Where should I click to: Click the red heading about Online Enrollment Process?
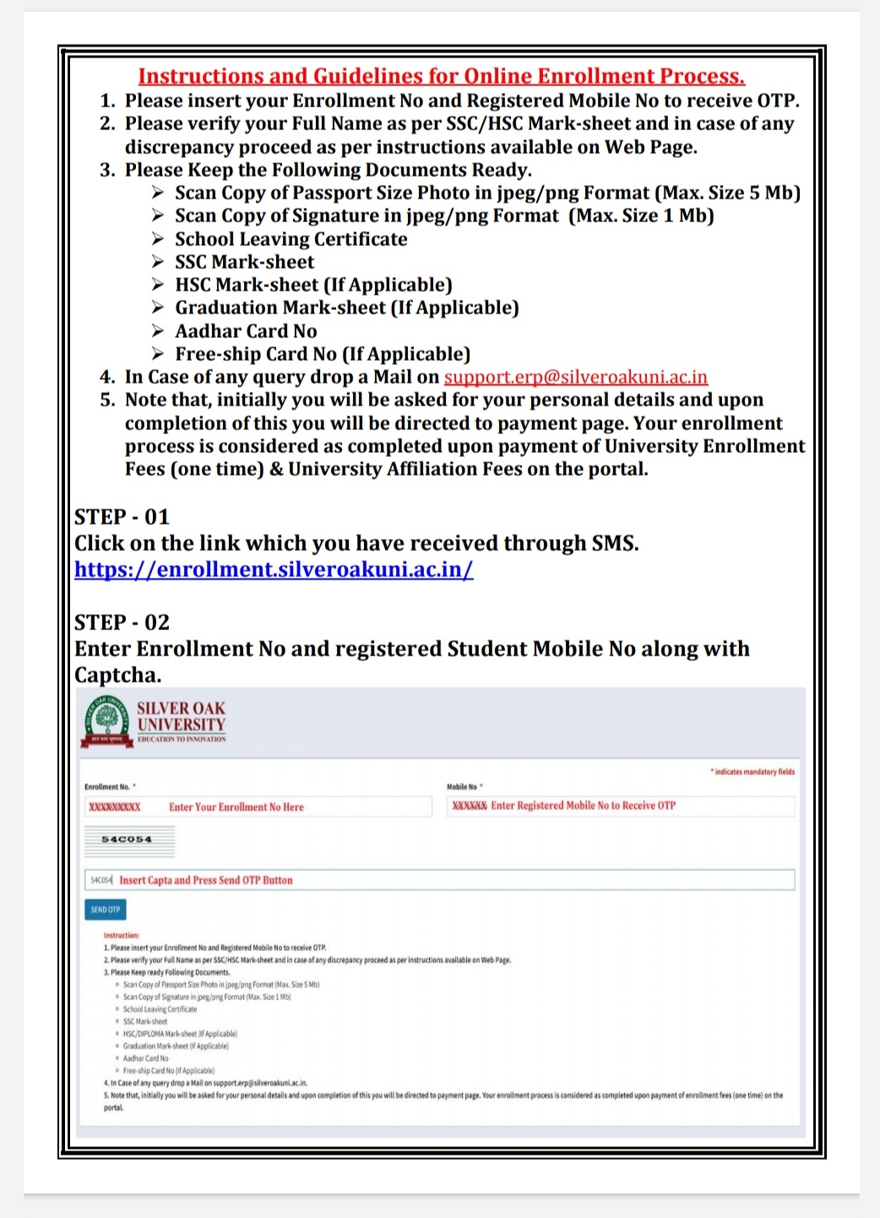point(442,77)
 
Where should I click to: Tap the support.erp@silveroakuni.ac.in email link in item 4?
point(575,378)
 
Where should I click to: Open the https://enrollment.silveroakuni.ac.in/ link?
point(274,569)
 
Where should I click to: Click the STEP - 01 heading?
point(122,517)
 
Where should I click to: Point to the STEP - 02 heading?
point(122,623)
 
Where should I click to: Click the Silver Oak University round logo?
point(106,720)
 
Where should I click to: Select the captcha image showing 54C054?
point(129,840)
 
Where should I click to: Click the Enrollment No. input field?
point(258,807)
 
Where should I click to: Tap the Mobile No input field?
point(621,806)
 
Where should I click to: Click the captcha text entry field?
point(439,880)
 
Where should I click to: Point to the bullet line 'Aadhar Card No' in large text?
point(246,331)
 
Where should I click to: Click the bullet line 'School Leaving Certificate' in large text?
point(291,240)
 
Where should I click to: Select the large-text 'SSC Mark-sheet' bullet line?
point(244,263)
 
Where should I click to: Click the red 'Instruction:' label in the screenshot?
point(122,935)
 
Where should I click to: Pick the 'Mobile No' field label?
point(463,786)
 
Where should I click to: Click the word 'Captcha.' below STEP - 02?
point(117,676)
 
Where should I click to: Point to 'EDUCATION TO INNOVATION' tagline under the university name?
point(182,739)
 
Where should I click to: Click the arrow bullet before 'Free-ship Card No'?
point(158,354)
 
